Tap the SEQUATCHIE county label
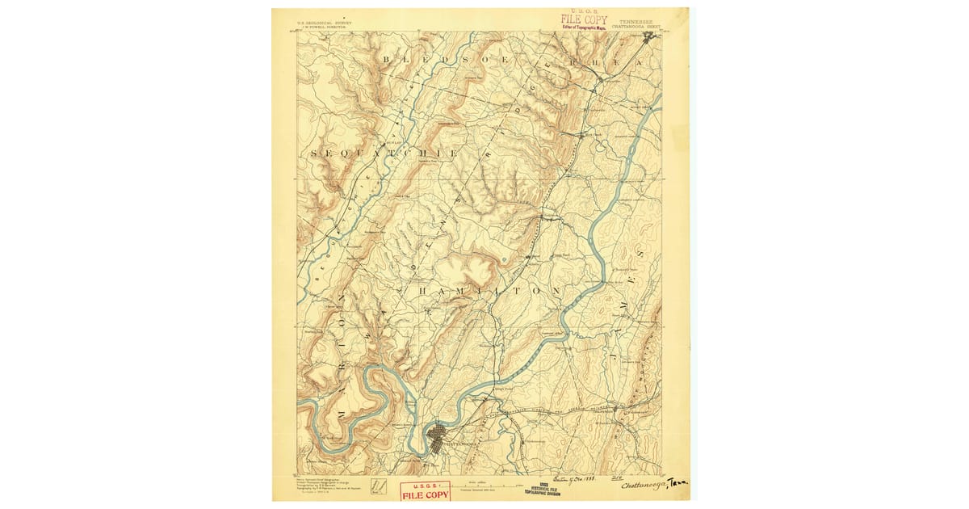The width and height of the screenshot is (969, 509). coord(384,153)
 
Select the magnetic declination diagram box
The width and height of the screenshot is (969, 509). coord(376,486)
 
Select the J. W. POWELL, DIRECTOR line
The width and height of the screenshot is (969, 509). coord(327,25)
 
